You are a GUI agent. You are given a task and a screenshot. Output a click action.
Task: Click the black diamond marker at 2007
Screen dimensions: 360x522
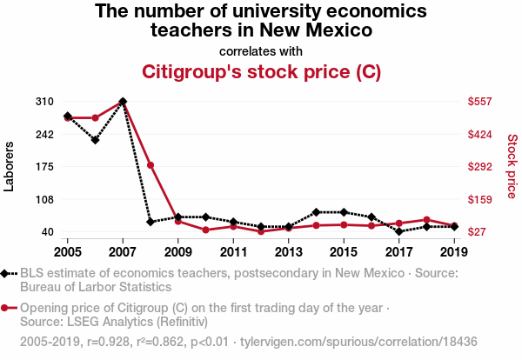tap(123, 102)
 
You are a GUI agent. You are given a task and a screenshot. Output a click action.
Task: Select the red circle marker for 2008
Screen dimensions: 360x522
tap(151, 165)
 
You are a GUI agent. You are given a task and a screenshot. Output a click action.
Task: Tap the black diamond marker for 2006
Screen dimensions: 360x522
tap(95, 140)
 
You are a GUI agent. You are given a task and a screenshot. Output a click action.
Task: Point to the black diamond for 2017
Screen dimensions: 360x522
tap(398, 231)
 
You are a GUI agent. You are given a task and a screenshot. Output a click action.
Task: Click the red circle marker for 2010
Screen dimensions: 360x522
tap(205, 230)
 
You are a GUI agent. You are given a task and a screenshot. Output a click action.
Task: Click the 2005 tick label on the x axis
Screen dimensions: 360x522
tap(68, 252)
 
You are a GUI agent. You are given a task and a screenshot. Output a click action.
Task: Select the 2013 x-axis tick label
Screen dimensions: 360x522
tap(288, 252)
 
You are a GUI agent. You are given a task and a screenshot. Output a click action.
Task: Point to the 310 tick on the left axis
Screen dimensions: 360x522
tap(44, 102)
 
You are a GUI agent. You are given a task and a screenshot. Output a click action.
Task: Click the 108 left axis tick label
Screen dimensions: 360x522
tap(44, 199)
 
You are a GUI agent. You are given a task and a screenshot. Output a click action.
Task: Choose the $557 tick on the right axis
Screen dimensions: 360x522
tap(481, 102)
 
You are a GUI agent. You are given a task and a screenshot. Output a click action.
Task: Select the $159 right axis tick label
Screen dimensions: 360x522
tap(481, 199)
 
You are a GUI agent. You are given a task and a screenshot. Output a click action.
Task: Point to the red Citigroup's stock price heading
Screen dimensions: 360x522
tap(261, 71)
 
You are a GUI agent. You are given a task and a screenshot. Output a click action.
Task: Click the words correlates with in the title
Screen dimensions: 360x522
tap(261, 50)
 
